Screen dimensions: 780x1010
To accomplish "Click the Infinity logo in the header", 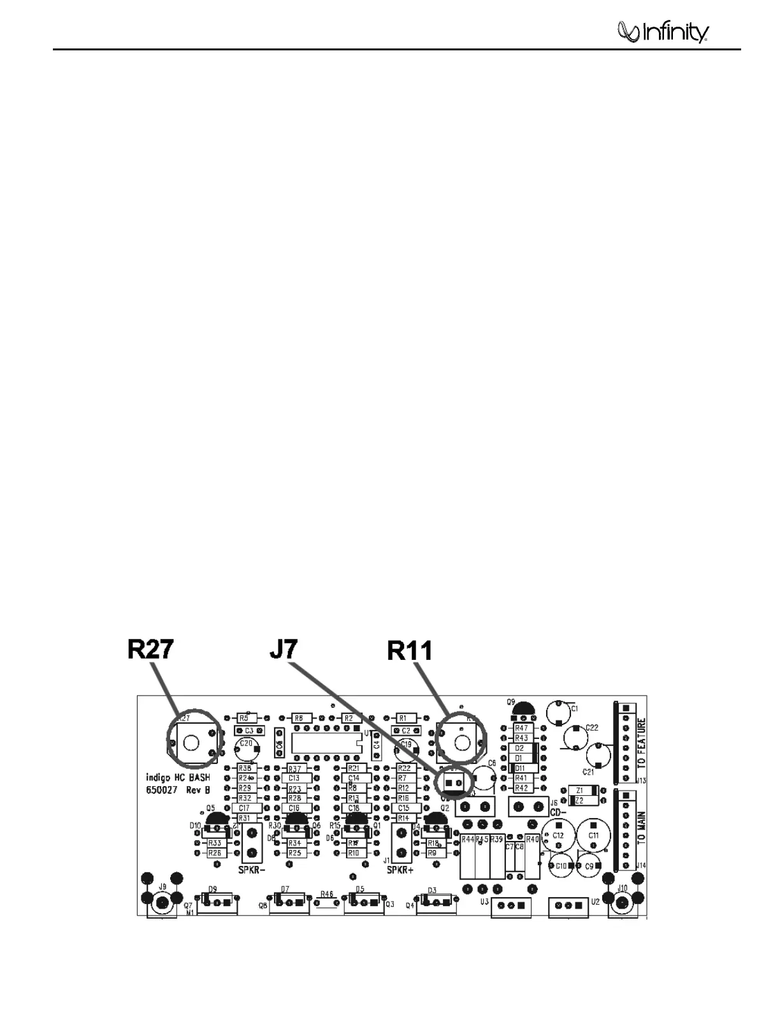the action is (x=663, y=31).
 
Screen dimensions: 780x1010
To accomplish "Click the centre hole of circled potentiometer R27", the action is (x=190, y=742).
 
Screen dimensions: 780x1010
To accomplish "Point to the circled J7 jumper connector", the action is (x=453, y=783).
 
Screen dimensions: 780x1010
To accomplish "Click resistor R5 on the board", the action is (x=244, y=718).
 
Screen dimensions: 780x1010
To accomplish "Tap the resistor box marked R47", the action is (x=521, y=728).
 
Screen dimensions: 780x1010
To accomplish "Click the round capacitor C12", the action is (x=558, y=834).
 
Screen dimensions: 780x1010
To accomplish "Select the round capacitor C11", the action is (x=593, y=834).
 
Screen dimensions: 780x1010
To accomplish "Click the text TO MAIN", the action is (x=641, y=830).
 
